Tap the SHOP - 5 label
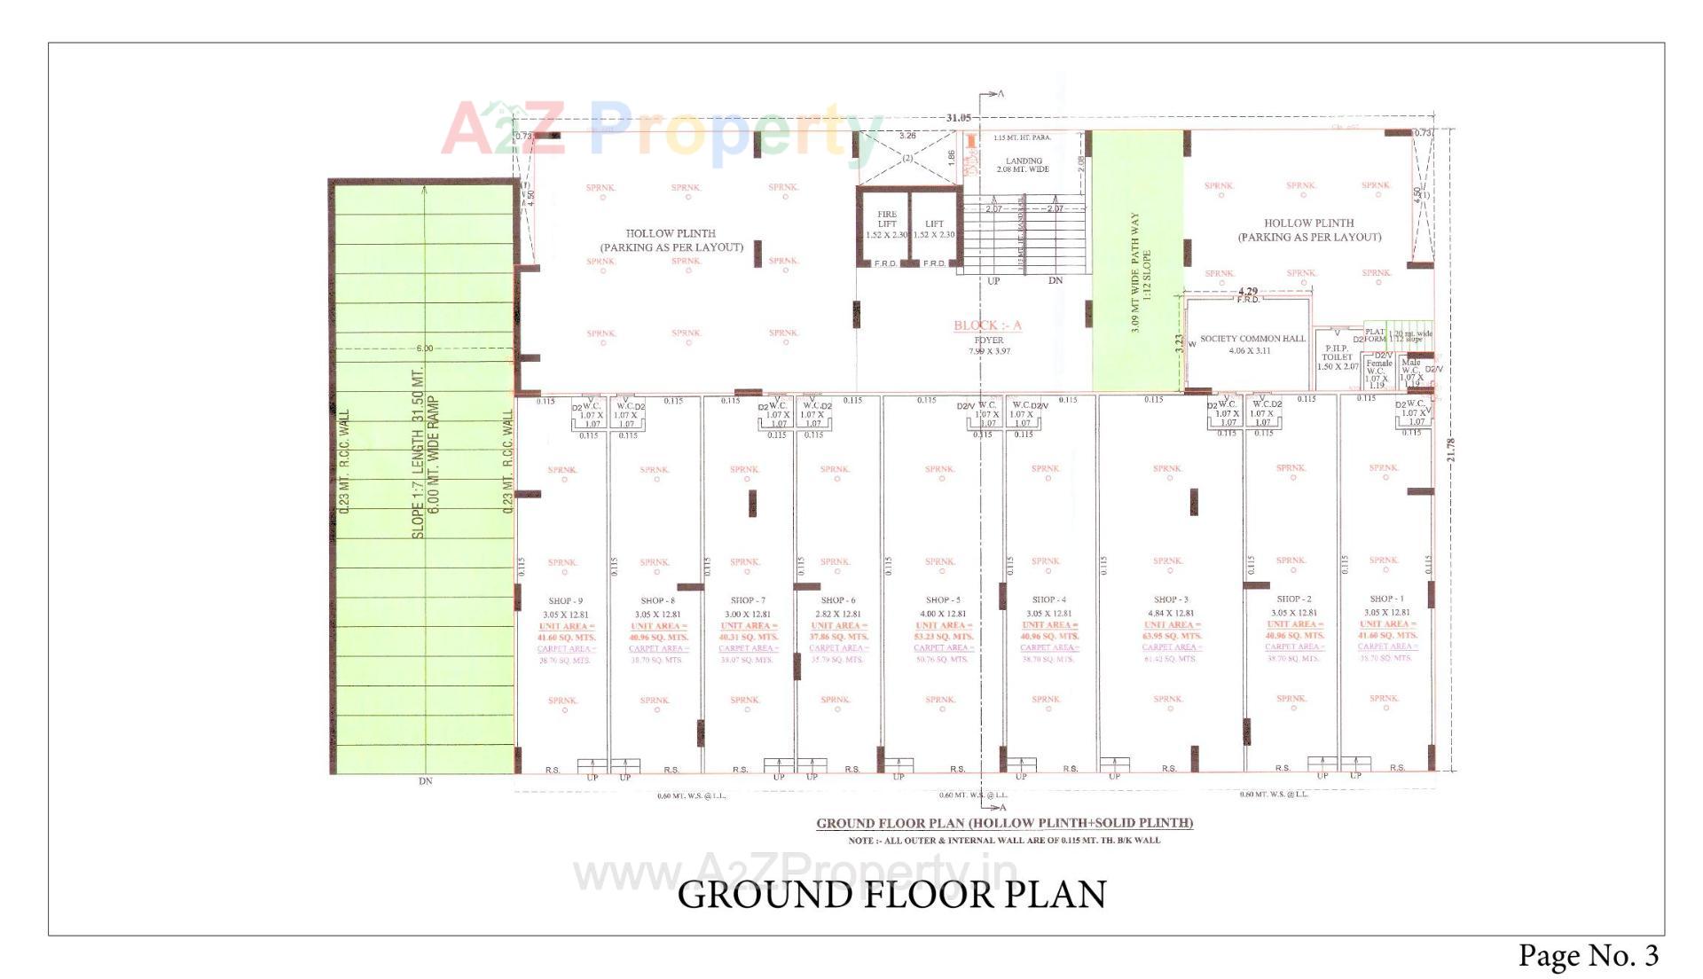942,600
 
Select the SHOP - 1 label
1387,599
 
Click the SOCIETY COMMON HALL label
1252,339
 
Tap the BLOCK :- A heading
987,325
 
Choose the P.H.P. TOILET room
1337,357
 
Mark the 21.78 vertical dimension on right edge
1451,455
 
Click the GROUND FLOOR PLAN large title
891,895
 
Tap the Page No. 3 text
1588,955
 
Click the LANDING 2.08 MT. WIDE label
1024,165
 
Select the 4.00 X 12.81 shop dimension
942,614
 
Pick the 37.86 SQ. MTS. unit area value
838,637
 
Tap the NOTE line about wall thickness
1004,840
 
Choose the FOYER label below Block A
989,340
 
